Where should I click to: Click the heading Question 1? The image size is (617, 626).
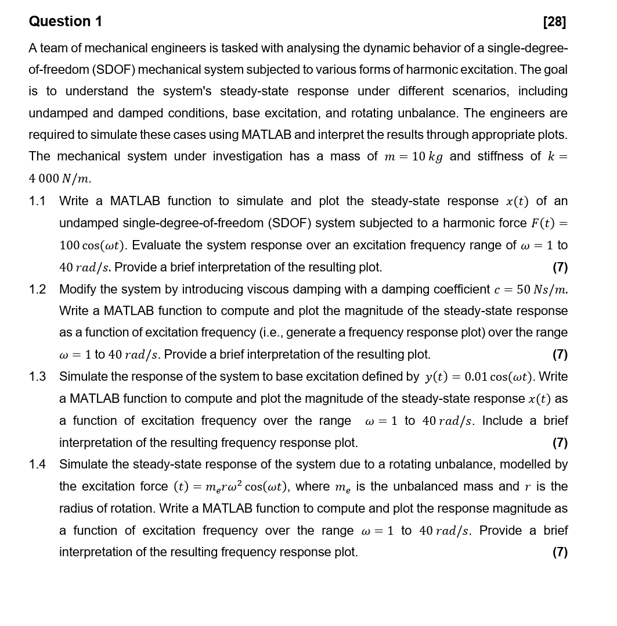pyautogui.click(x=66, y=22)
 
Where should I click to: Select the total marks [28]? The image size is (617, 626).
pyautogui.click(x=554, y=22)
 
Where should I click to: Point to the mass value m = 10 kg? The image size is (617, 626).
pyautogui.click(x=413, y=157)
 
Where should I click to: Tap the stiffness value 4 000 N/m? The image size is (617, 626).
pyautogui.click(x=60, y=178)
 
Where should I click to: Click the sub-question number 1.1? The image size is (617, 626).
pyautogui.click(x=37, y=201)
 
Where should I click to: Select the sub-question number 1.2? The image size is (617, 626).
pyautogui.click(x=37, y=289)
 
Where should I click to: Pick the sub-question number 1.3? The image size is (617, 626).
pyautogui.click(x=37, y=377)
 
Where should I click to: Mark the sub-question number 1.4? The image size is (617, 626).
pyautogui.click(x=37, y=464)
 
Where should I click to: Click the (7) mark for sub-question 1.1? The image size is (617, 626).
pyautogui.click(x=560, y=267)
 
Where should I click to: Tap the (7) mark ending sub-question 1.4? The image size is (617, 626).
pyautogui.click(x=560, y=552)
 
